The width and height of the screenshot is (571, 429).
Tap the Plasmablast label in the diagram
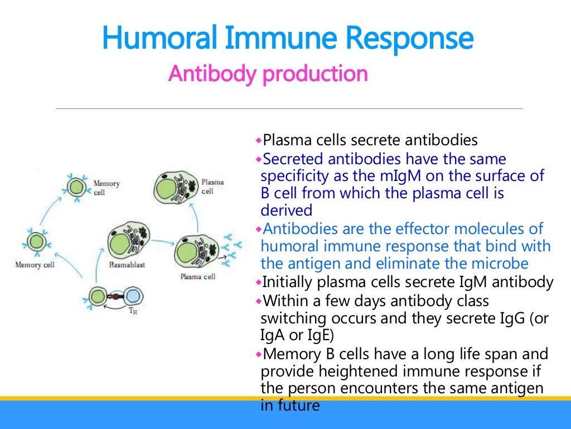[127, 265]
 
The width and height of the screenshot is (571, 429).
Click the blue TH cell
[133, 296]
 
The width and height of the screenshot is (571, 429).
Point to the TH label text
[133, 312]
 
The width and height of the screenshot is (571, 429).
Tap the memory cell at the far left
[37, 242]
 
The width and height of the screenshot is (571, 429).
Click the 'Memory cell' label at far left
[35, 265]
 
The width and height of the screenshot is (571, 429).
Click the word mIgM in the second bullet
[387, 177]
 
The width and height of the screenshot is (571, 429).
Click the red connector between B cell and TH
[116, 297]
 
